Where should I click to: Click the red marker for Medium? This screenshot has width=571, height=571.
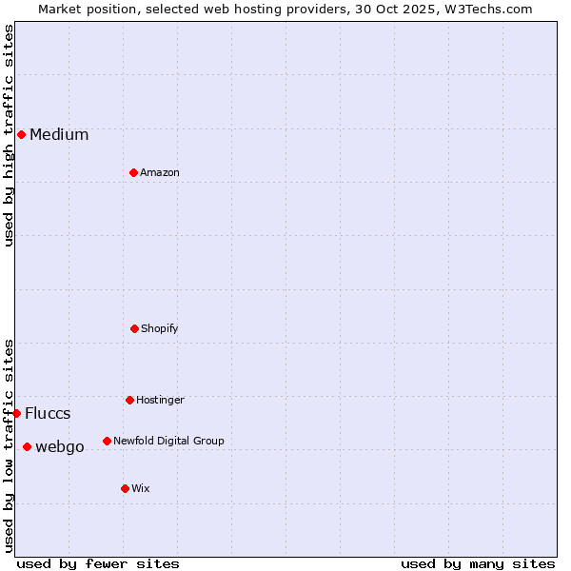[x=21, y=134]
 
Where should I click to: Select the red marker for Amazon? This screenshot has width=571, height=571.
[x=133, y=172]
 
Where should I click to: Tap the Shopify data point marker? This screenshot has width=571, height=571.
[x=134, y=328]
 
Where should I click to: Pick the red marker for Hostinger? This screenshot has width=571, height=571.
[x=129, y=400]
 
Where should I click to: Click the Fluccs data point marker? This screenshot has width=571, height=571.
[x=16, y=413]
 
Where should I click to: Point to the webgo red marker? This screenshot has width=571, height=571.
[x=27, y=446]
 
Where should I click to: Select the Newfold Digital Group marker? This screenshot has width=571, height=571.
[x=107, y=441]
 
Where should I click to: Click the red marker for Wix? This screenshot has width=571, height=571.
[x=125, y=488]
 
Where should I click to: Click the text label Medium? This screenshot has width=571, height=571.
[x=59, y=135]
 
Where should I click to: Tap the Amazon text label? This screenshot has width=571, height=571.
[x=160, y=173]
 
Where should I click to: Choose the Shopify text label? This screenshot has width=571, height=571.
[x=160, y=329]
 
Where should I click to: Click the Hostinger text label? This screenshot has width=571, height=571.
[x=160, y=401]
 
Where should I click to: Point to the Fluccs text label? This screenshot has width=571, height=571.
[x=48, y=414]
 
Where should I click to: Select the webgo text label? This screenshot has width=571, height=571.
[x=60, y=447]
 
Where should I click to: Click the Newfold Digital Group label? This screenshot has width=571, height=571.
[x=168, y=442]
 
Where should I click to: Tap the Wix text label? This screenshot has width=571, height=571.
[x=141, y=489]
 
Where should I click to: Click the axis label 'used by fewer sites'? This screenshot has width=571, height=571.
[x=98, y=563]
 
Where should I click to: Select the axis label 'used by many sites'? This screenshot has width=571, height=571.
[x=478, y=563]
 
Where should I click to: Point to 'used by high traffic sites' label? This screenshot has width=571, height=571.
[x=9, y=135]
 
